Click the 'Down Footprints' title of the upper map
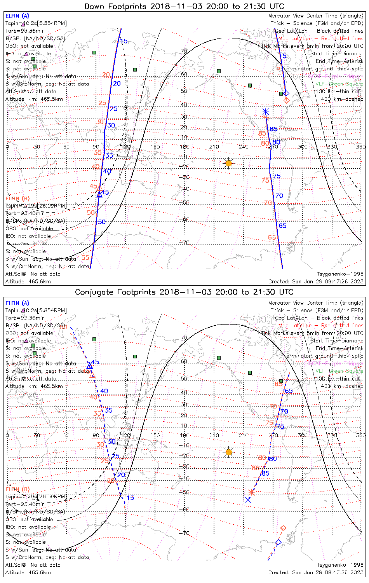click(184, 6)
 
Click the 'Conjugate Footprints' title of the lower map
click(184, 292)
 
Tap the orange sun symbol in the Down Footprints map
click(229, 163)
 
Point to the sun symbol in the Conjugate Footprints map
click(229, 452)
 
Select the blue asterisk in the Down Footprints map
click(266, 112)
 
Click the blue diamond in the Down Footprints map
click(286, 93)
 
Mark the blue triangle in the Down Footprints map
click(99, 194)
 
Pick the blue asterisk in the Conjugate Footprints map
click(248, 500)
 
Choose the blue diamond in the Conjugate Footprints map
click(278, 542)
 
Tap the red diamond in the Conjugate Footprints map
click(283, 528)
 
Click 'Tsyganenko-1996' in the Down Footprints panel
click(340, 274)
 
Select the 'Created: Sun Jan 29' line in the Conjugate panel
click(316, 572)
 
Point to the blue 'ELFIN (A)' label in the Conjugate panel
click(17, 303)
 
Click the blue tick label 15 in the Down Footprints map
click(124, 41)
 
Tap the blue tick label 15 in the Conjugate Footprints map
click(130, 497)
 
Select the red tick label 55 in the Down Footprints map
click(85, 257)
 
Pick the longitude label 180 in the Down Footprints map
click(184, 147)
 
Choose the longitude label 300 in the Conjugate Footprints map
click(303, 435)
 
